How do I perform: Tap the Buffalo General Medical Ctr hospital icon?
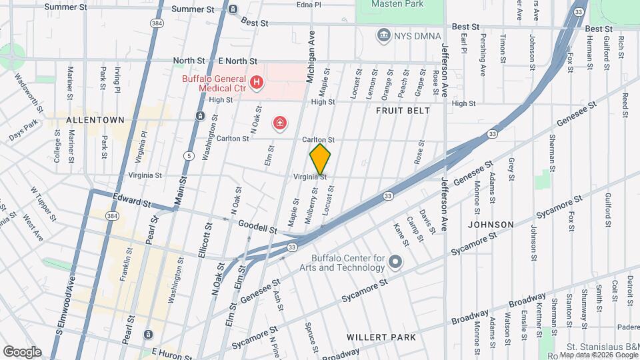point(257,83)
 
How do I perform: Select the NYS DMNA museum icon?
point(383,35)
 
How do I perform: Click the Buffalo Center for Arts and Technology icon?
point(396,261)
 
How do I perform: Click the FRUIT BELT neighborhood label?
point(403,111)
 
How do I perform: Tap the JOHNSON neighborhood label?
point(491,225)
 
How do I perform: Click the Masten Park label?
point(400,4)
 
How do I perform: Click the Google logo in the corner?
point(22,351)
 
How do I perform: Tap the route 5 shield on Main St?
point(189,155)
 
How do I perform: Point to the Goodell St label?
point(257,229)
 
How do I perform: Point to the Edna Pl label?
point(309,4)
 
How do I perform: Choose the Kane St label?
point(401,231)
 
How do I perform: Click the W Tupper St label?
point(41,199)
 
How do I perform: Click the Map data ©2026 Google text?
point(597,355)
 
